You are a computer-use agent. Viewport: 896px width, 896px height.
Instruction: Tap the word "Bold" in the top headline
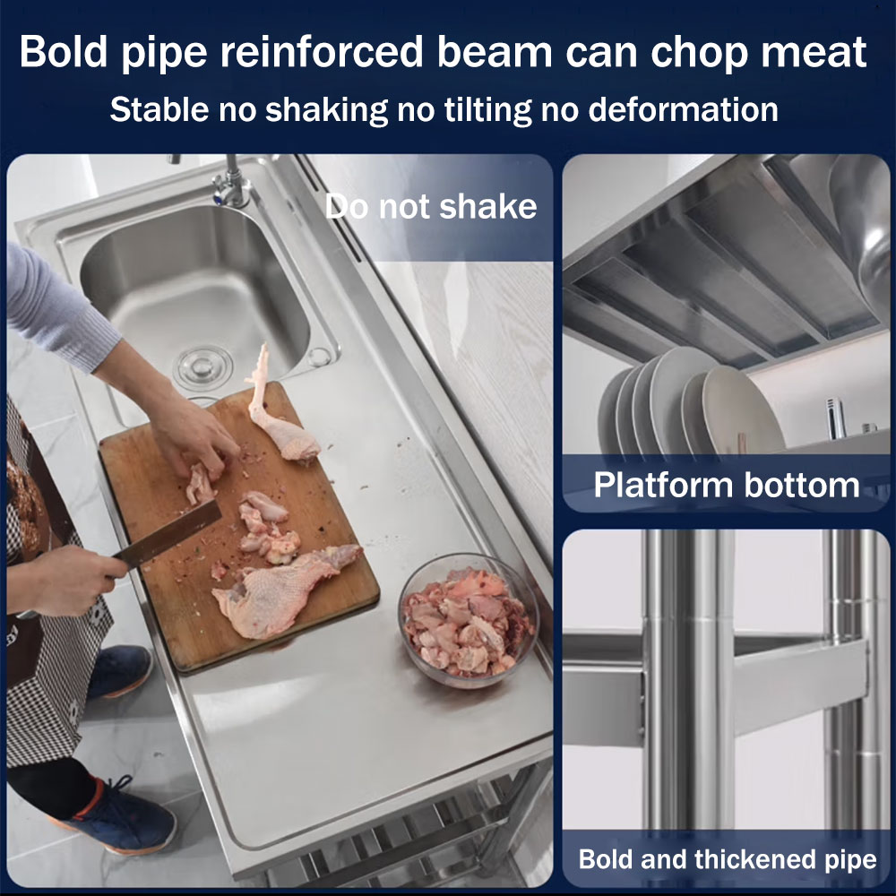64,52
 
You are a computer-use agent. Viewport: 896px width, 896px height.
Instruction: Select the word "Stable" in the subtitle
159,109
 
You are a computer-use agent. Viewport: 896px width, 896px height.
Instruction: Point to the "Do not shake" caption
431,206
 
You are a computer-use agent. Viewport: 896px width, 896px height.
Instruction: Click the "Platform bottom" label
727,485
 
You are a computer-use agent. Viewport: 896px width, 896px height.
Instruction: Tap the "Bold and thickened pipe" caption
728,859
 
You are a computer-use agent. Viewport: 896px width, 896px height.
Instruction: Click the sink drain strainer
202,367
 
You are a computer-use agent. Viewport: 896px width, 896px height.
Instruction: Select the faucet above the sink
231,182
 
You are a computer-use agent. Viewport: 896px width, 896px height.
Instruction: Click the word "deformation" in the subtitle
684,109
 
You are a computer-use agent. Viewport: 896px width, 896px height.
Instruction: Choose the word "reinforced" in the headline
323,52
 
